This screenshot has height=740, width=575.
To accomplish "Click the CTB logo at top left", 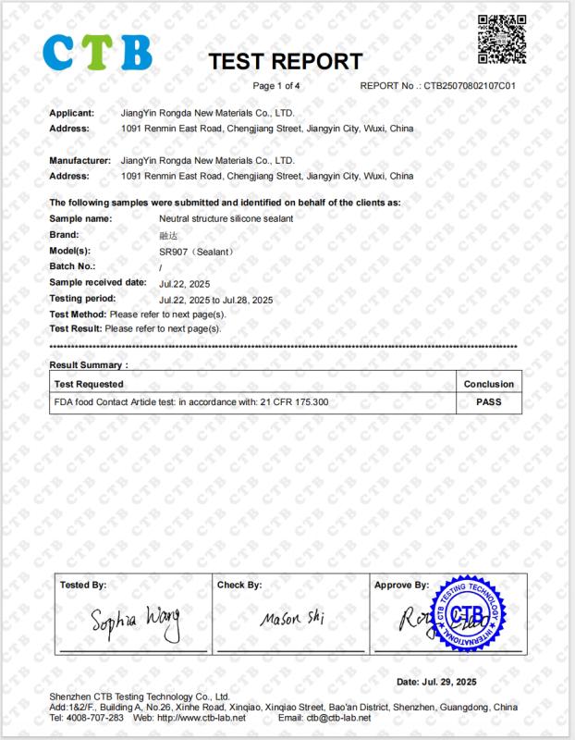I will [x=97, y=53].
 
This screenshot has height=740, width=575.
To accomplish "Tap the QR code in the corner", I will [x=501, y=40].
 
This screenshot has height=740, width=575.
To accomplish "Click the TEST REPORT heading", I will [x=285, y=62].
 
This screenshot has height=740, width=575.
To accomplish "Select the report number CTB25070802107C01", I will [x=470, y=86].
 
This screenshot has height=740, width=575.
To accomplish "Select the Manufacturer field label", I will [x=80, y=160].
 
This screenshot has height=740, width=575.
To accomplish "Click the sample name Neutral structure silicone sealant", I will [x=226, y=218].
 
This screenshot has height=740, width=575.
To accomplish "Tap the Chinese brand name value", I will [x=166, y=235].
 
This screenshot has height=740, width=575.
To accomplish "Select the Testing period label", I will [x=82, y=299].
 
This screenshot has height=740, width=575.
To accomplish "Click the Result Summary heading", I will [x=89, y=365].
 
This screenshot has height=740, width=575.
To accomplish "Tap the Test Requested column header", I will [x=89, y=384].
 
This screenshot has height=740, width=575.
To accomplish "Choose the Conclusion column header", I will [x=488, y=384].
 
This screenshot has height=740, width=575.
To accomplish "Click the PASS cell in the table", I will [x=488, y=402].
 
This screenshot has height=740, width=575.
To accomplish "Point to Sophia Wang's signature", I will [x=135, y=619].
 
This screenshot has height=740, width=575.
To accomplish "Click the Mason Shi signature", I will [x=292, y=618].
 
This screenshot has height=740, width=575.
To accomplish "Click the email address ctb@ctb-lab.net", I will [x=338, y=718].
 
